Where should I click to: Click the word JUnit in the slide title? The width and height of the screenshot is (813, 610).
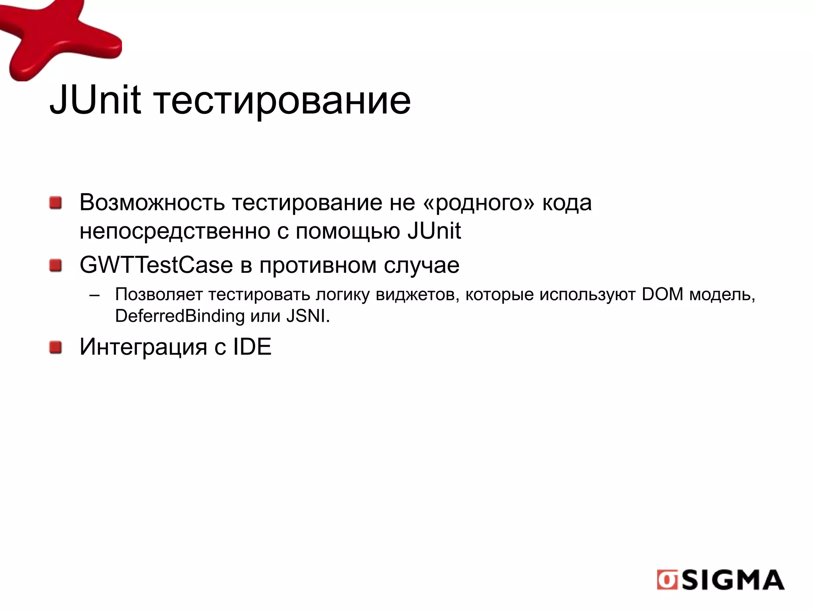(x=95, y=100)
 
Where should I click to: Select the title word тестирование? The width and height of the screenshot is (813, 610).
(x=282, y=102)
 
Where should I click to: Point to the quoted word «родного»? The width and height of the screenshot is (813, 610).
(x=479, y=203)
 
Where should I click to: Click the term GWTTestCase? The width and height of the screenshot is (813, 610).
(x=156, y=265)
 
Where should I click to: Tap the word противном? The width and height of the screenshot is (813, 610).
(x=318, y=266)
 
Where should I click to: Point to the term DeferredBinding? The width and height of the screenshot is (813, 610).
(x=180, y=316)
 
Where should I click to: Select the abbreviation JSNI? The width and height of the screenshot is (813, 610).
(x=307, y=316)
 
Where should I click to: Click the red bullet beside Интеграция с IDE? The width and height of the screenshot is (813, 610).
(x=56, y=347)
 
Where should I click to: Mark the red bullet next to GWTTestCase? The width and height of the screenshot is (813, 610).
(x=56, y=266)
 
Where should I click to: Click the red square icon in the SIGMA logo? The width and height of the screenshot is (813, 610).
(x=667, y=580)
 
